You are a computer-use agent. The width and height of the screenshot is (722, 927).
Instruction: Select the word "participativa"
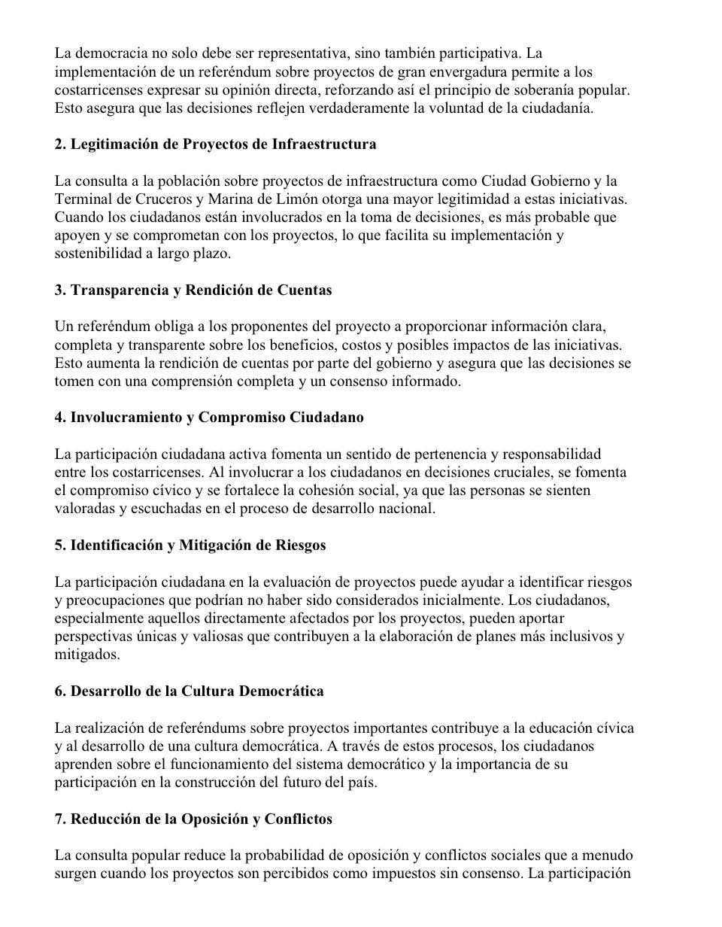tap(478, 54)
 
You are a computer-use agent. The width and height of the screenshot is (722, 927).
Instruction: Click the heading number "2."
tap(60, 144)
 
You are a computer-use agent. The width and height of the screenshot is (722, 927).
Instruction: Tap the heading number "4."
tap(60, 418)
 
